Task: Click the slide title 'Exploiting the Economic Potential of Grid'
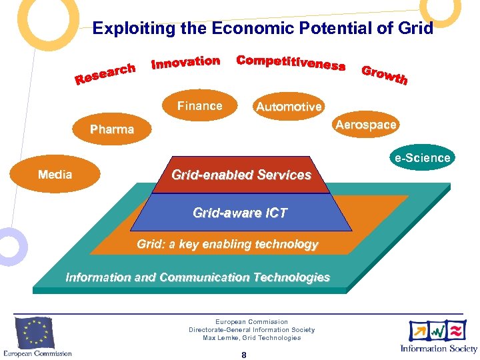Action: coord(263,29)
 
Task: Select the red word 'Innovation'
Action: coord(186,63)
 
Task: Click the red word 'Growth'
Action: coord(384,75)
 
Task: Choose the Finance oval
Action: coord(199,106)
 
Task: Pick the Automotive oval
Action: coord(288,107)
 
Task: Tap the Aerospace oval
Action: coord(366,125)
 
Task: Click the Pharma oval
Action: coord(112,129)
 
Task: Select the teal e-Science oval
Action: coord(422,159)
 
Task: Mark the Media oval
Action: coord(55,175)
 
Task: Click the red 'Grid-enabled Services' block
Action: coord(241,175)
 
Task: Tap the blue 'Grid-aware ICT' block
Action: coord(240,213)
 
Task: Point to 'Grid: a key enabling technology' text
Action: coord(227,245)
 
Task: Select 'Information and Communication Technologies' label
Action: coord(197,277)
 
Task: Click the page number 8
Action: coord(244,355)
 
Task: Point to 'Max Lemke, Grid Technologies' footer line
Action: coord(251,338)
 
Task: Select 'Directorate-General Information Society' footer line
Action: coord(251,330)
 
